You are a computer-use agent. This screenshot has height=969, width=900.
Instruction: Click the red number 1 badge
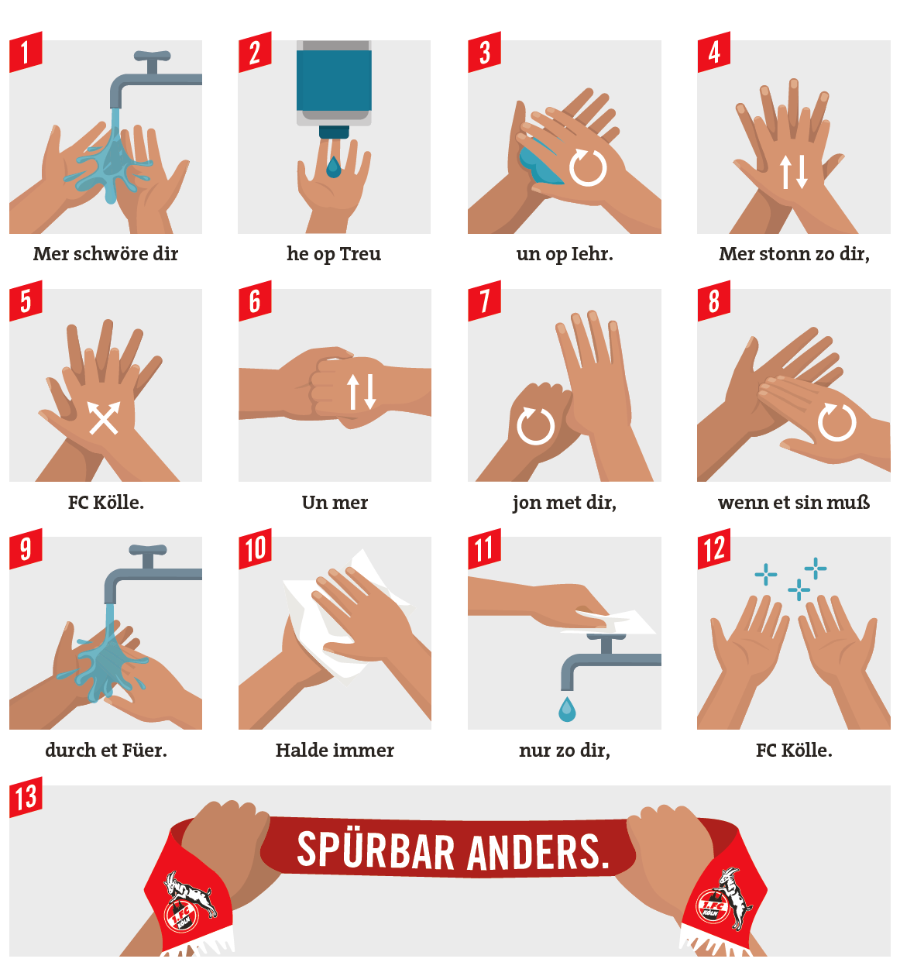26,52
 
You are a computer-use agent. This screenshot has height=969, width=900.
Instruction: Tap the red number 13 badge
26,797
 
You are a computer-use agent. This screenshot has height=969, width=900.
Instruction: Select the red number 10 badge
255,548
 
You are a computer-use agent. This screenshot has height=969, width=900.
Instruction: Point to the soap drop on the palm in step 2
333,167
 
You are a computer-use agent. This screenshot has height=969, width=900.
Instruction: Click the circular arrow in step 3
588,167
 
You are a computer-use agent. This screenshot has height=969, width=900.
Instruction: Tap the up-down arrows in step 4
793,172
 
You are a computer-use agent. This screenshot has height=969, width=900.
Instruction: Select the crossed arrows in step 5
104,417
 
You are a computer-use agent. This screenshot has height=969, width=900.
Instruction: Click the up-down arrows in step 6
361,391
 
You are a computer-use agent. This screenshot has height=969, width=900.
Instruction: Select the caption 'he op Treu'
334,254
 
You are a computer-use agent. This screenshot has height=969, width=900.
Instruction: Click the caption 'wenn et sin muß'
794,503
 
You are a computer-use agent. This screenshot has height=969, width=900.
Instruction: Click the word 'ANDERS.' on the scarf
538,851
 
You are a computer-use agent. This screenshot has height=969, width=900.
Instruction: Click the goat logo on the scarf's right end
725,899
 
